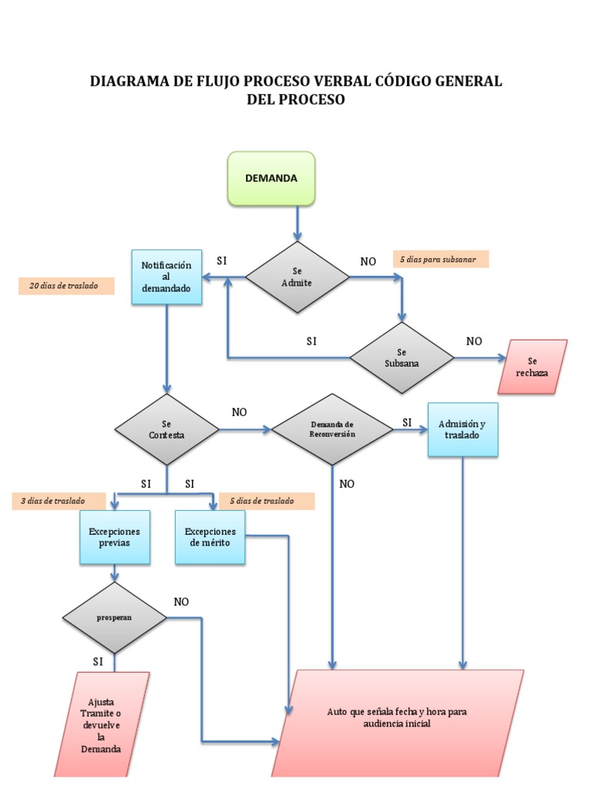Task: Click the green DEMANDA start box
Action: point(271,178)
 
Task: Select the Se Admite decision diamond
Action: point(297,277)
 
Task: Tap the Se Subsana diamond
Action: point(401,358)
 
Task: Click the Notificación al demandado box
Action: point(166,277)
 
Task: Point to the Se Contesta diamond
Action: point(166,429)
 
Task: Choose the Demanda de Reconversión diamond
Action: point(332,429)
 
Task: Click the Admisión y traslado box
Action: point(462,429)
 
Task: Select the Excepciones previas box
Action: point(114,536)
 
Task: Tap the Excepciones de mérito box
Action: point(210,536)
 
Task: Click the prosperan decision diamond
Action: point(114,618)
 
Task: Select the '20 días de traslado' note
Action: point(66,286)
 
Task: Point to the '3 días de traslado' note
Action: point(59,501)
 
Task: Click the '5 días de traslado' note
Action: point(267,501)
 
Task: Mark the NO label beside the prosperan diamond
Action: point(181,602)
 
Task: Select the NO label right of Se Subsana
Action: point(474,341)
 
